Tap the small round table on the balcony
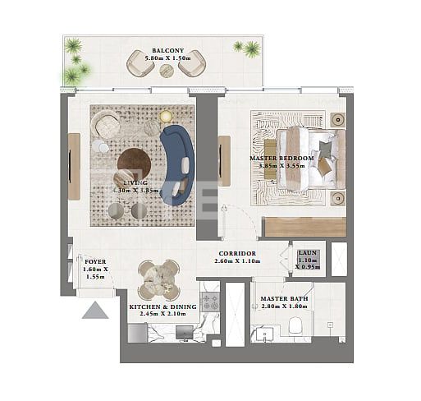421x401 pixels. click(167, 70)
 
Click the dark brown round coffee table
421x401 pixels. click(134, 161)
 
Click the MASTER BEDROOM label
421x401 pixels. click(281, 157)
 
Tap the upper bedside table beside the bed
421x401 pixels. click(336, 120)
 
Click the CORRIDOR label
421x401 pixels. click(237, 254)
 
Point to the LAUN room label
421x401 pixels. click(308, 254)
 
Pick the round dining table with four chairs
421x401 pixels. click(158, 280)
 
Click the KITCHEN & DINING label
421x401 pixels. click(162, 307)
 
